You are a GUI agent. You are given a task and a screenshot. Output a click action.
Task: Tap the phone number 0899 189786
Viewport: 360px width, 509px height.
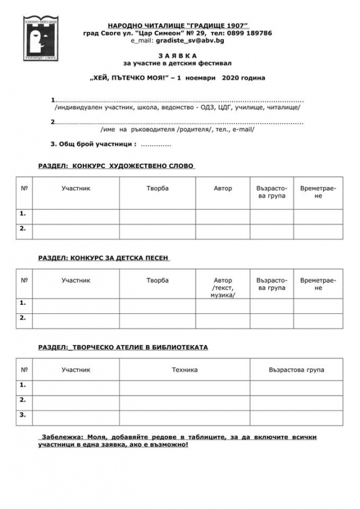pos(248,33)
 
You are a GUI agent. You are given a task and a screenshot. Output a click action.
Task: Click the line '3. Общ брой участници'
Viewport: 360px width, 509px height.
pos(94,144)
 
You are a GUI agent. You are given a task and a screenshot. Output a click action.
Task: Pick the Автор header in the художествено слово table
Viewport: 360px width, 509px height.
pos(223,188)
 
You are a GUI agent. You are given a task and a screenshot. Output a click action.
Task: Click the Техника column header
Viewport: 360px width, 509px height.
pos(185,370)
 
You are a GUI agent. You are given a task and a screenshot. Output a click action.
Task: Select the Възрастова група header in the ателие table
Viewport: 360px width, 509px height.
pos(296,370)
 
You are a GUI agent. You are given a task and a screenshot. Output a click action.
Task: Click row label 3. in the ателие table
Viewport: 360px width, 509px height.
pos(23,414)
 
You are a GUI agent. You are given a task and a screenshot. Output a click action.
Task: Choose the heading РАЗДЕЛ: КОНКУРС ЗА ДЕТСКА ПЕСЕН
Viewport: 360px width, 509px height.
pos(104,258)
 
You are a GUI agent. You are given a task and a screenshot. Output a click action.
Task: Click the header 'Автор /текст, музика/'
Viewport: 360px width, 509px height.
pos(223,288)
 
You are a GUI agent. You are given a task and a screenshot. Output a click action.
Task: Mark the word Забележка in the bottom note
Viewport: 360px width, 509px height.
pos(58,437)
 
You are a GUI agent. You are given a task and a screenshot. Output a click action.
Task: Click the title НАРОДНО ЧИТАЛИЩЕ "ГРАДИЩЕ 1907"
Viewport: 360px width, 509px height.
pos(178,26)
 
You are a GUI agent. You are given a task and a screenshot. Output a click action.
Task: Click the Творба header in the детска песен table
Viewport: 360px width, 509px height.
pos(158,280)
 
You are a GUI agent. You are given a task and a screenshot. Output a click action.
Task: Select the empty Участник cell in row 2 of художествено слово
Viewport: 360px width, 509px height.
pos(76,230)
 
